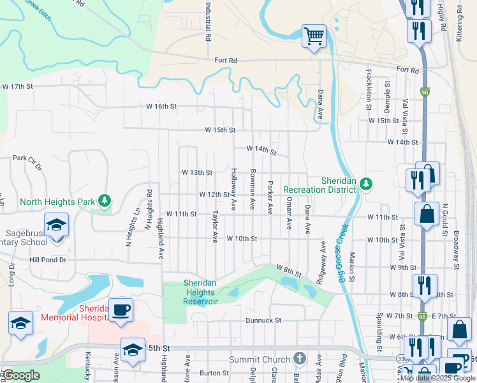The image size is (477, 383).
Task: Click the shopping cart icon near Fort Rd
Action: point(314,36)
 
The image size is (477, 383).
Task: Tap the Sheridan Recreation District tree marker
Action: point(365,184)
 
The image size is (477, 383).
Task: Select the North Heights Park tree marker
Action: point(104,202)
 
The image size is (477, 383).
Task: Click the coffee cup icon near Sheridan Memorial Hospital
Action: point(121,310)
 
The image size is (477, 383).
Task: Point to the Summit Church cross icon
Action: point(301,359)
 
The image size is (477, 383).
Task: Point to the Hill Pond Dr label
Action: point(48,260)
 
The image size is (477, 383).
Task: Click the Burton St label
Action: point(214,373)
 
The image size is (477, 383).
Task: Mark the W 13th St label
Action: point(196,172)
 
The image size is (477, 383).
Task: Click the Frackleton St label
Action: point(369,90)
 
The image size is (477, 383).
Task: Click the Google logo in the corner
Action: point(21,375)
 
